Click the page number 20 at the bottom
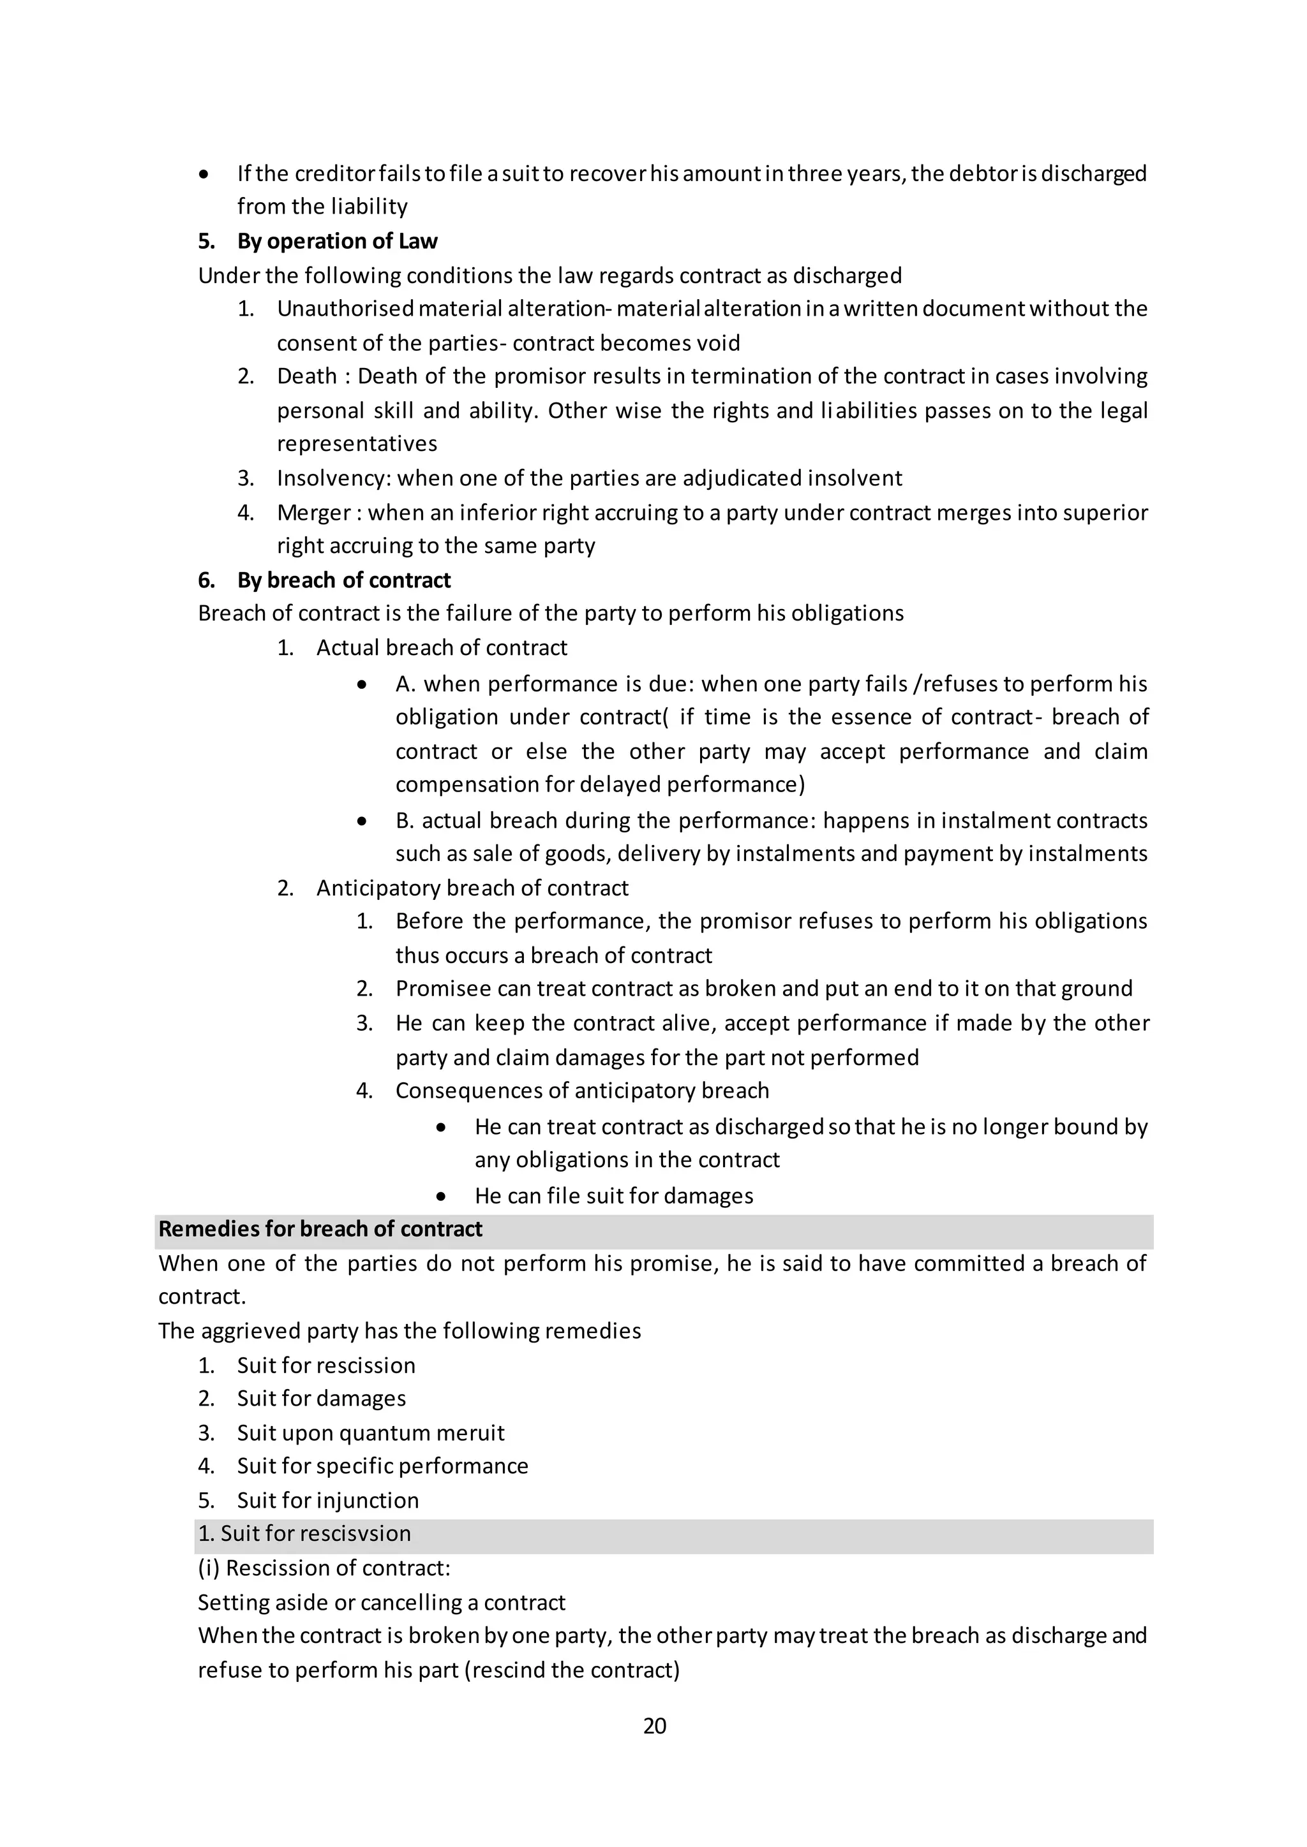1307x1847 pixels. coord(654,1726)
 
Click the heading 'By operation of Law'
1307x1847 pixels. coord(336,241)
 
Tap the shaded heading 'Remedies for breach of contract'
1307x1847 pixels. coord(320,1229)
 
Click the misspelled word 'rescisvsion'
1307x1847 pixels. coord(355,1533)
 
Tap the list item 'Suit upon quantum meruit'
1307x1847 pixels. coord(370,1432)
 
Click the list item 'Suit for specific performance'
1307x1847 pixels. coord(382,1466)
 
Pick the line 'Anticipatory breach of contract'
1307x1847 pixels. coord(472,888)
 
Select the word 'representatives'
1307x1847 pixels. coord(357,444)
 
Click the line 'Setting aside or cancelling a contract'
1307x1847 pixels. coord(382,1603)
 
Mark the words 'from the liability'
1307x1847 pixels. coord(322,207)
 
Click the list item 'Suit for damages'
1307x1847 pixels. coord(321,1398)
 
